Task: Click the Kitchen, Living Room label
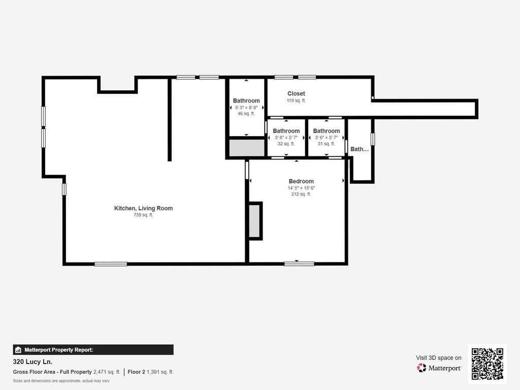143,208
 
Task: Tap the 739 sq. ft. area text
143,215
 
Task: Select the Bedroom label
301,181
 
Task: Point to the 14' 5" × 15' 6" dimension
301,188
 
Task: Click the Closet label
296,93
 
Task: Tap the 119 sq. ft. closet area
296,101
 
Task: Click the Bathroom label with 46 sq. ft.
246,101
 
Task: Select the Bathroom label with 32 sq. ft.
286,131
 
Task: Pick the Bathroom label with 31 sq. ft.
327,131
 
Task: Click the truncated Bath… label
360,149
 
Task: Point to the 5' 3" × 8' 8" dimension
246,108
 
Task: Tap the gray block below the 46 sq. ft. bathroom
247,148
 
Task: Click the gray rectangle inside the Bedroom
254,221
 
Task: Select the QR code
487,364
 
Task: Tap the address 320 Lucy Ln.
32,362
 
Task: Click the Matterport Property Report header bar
93,349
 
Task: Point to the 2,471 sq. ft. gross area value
107,372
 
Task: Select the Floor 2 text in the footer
136,372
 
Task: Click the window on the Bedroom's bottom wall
299,264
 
